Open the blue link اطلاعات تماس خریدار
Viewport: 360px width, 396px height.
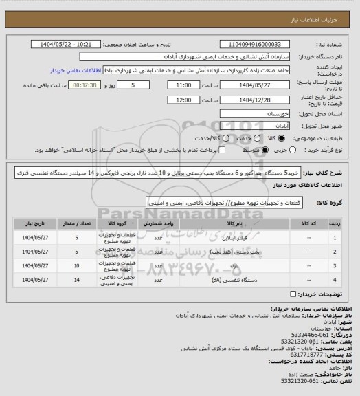pos(76,70)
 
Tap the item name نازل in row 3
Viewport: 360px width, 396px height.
pos(232,265)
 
